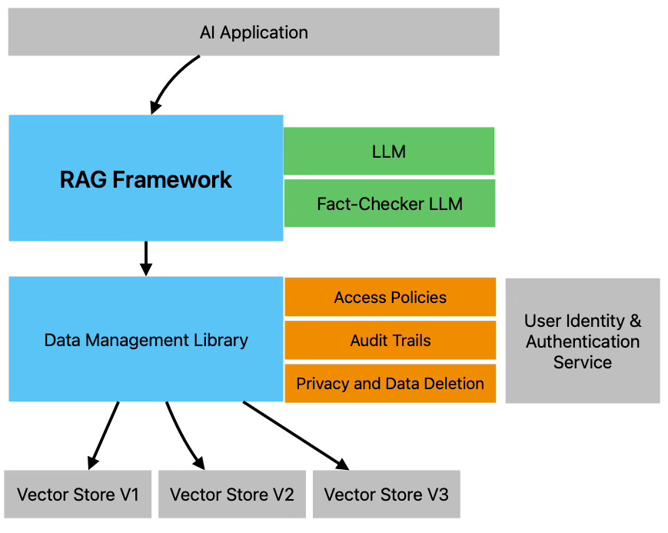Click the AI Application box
254,32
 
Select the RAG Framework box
146,178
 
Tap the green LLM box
388,152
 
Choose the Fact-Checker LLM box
389,204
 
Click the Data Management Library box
146,340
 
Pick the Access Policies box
390,298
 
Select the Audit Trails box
390,341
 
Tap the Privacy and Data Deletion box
390,383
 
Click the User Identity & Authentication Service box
582,341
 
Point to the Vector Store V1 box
78,494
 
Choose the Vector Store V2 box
231,494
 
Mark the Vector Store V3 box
386,494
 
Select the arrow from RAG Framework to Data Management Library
146,258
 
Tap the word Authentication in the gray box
582,341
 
